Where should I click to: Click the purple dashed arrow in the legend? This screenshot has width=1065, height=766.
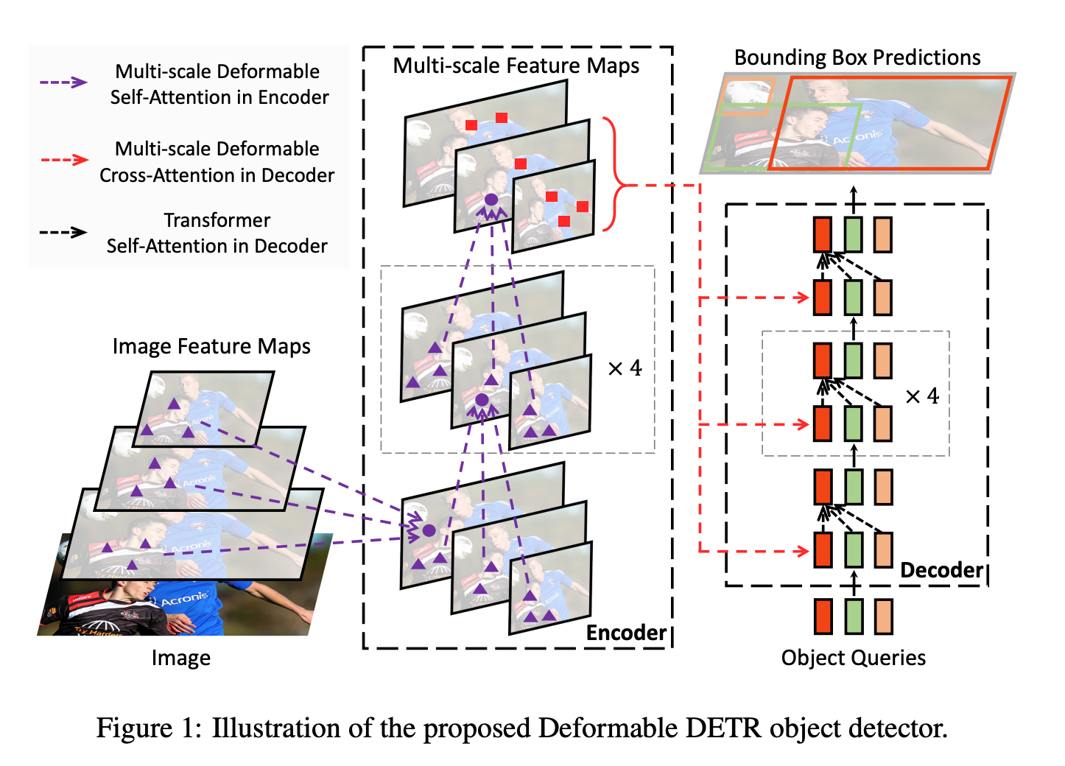coord(63,82)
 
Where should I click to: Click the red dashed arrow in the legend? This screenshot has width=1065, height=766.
coord(63,160)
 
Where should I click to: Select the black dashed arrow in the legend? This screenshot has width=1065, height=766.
coord(63,232)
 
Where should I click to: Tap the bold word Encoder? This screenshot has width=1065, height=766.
coord(626,633)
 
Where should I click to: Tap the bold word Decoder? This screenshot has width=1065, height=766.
coord(941,570)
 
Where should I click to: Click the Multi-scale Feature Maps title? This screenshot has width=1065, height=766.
coord(516,66)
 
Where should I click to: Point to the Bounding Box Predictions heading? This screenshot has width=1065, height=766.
coord(857,57)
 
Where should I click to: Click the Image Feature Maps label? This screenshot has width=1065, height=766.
coord(211,346)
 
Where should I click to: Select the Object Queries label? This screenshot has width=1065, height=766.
coord(853,658)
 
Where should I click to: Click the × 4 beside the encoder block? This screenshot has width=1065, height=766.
coord(625,368)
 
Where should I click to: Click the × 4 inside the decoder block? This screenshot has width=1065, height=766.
coord(922,396)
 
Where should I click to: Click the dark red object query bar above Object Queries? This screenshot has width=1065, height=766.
coord(823,616)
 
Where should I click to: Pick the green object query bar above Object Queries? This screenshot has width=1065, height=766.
coord(853,616)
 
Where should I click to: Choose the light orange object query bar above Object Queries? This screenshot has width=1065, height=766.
coord(883,616)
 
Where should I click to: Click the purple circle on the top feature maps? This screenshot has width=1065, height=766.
coord(491,200)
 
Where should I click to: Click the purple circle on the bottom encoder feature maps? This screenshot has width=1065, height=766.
coord(429,530)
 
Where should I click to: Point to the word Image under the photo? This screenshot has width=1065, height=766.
coord(180,658)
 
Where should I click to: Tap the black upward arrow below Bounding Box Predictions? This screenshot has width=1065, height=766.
coord(854,197)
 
